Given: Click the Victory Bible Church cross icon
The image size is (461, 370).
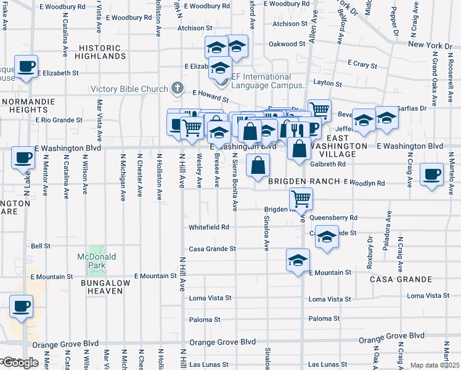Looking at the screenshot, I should click(x=177, y=88).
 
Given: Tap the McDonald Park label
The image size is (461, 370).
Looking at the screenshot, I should click(x=92, y=261).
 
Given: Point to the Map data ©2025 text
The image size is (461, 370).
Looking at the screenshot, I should click(x=434, y=365).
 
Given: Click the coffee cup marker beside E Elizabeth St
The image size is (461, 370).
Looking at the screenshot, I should click(x=26, y=67).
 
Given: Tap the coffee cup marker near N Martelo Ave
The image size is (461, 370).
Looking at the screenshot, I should click(x=432, y=173).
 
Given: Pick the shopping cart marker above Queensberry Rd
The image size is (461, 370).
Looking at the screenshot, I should click(x=301, y=199).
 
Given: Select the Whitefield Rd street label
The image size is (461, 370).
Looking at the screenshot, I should click(x=209, y=227).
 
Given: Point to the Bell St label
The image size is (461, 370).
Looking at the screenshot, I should click(x=41, y=245).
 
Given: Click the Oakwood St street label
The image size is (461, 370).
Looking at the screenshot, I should click(x=287, y=44).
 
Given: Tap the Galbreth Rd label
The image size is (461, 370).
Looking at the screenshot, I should click(x=328, y=164).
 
